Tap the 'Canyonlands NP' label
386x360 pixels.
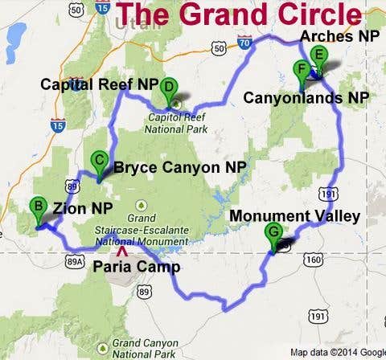(x=306, y=98)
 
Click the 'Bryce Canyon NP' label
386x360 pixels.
(x=179, y=167)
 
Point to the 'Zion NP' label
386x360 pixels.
(x=83, y=208)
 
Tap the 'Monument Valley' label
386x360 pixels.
(x=294, y=216)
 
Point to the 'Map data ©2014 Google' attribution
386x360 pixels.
(x=338, y=352)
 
